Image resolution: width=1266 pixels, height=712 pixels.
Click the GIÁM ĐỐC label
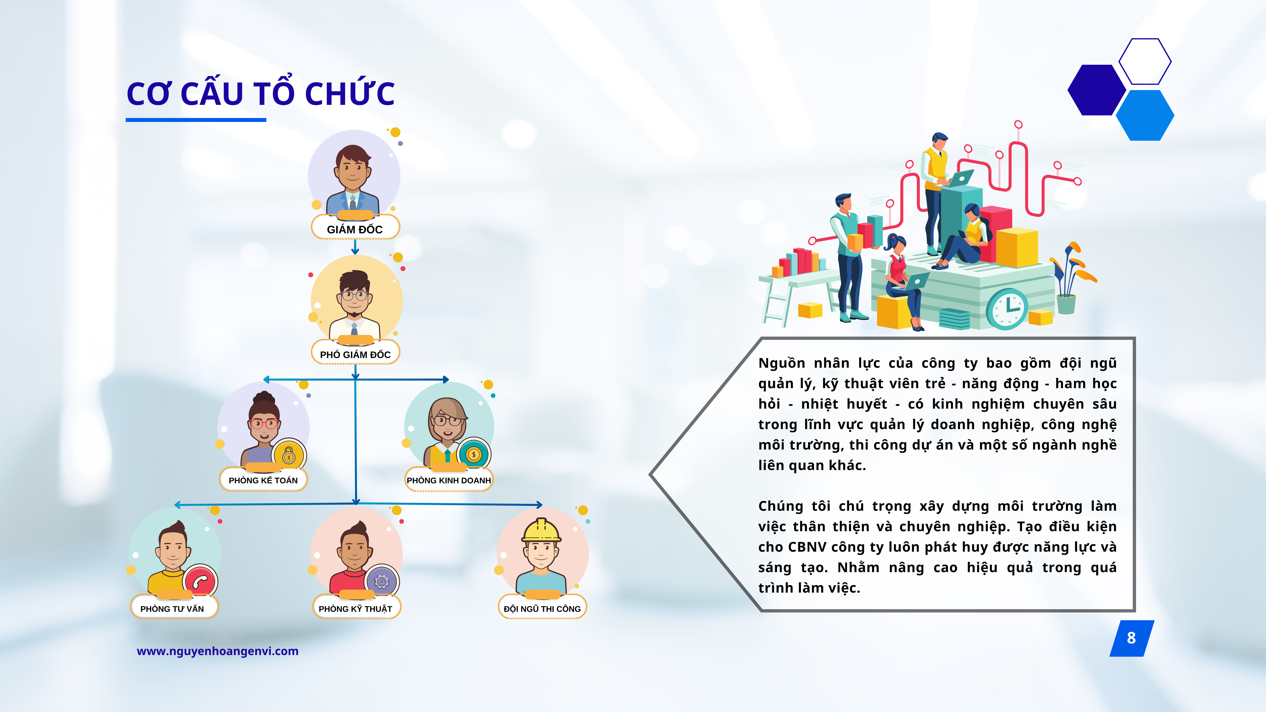(x=355, y=229)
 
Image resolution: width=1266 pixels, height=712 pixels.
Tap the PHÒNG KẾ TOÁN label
(x=263, y=480)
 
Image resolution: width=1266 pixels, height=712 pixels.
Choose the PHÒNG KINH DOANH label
(x=449, y=480)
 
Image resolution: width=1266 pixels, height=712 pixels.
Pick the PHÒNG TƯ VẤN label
(x=172, y=608)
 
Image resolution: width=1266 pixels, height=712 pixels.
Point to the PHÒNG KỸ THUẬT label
(x=355, y=608)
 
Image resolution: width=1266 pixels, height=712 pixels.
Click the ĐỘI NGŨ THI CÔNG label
(x=542, y=608)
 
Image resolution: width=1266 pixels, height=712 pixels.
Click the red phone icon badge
(x=200, y=582)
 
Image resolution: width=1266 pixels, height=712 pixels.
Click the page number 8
(x=1131, y=638)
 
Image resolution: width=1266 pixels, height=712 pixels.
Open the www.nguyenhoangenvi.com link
(x=218, y=651)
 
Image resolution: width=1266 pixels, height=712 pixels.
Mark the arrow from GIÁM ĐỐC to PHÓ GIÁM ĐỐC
(x=355, y=247)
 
